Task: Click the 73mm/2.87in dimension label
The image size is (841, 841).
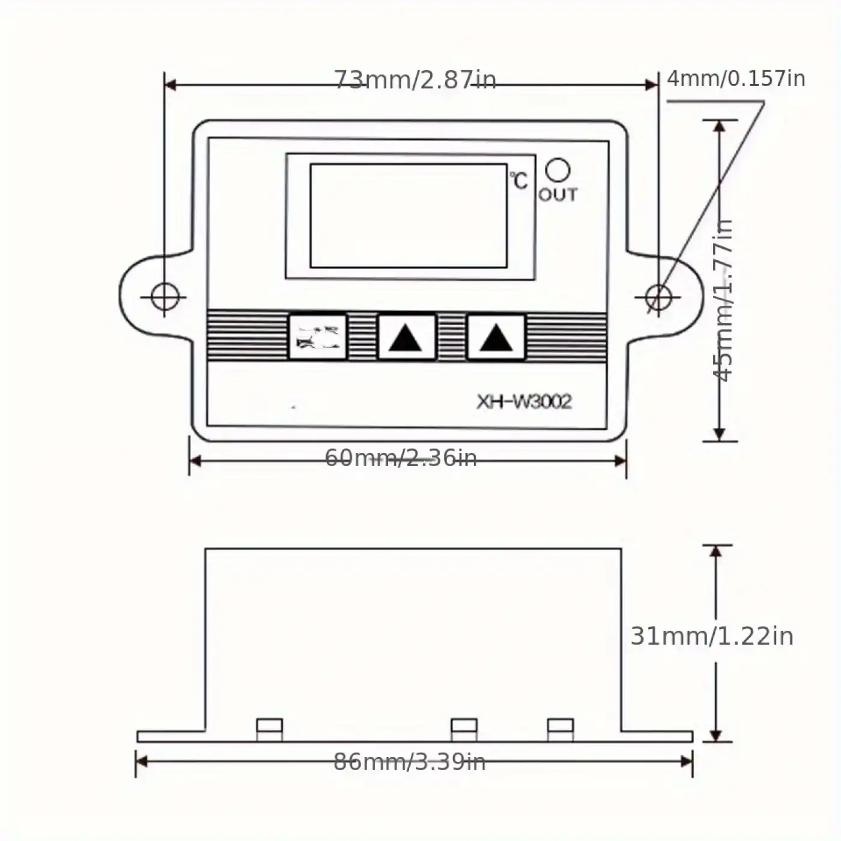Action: pyautogui.click(x=415, y=79)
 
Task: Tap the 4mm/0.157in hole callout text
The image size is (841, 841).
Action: pyautogui.click(x=736, y=78)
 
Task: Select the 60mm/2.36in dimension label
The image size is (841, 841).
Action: pyautogui.click(x=401, y=458)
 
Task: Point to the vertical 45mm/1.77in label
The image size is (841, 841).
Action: pyautogui.click(x=723, y=300)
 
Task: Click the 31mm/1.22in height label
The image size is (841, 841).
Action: pyautogui.click(x=712, y=636)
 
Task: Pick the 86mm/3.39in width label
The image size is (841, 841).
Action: pyautogui.click(x=410, y=762)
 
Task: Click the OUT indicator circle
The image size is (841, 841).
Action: pyautogui.click(x=557, y=170)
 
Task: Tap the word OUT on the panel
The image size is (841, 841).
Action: pyautogui.click(x=557, y=195)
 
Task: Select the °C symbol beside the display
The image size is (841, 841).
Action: pyautogui.click(x=519, y=180)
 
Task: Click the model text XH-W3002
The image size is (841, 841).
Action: pyautogui.click(x=524, y=401)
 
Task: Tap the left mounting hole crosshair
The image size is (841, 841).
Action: pyautogui.click(x=165, y=297)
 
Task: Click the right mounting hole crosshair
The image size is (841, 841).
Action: pyautogui.click(x=658, y=297)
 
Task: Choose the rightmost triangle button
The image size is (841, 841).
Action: pyautogui.click(x=496, y=338)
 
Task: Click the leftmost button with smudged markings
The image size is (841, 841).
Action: pyautogui.click(x=318, y=338)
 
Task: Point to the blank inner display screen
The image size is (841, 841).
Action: pyautogui.click(x=408, y=216)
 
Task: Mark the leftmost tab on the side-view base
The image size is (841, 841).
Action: pyautogui.click(x=269, y=729)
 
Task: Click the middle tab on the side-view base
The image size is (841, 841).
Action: pyautogui.click(x=464, y=729)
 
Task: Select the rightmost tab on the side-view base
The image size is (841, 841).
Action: pyautogui.click(x=560, y=729)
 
